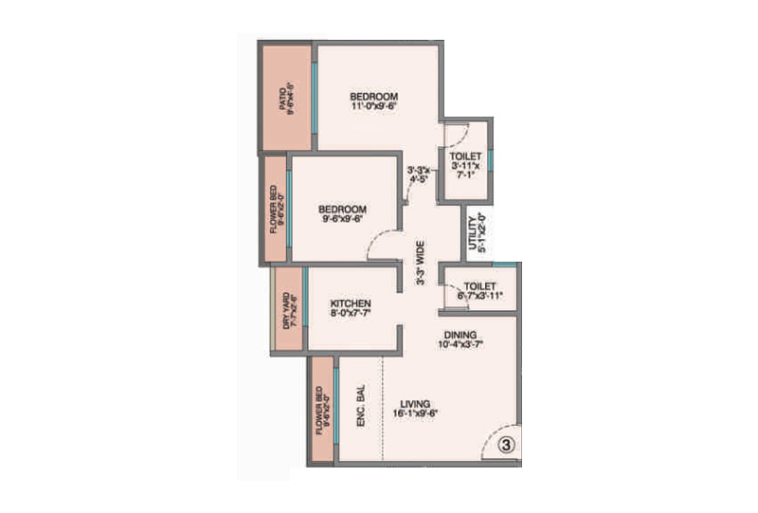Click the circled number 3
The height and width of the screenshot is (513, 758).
tap(506, 443)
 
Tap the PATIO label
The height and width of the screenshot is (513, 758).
tap(281, 100)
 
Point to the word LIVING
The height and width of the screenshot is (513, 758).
tap(414, 401)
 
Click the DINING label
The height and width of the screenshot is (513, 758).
tap(459, 334)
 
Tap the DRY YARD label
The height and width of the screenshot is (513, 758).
tap(285, 310)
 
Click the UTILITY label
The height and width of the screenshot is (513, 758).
tap(472, 233)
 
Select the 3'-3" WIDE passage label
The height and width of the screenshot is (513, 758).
tap(419, 263)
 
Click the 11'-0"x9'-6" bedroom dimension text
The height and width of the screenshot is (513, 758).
tap(373, 107)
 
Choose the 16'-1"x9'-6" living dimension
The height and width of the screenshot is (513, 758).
tap(415, 412)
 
